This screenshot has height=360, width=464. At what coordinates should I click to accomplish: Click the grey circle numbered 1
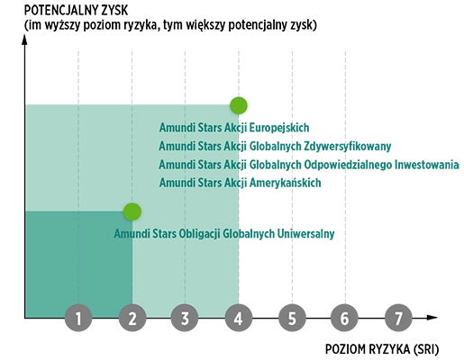(x=78, y=318)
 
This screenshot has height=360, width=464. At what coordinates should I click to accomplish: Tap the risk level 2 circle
(x=132, y=318)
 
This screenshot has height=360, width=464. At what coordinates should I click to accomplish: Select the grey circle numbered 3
(x=185, y=318)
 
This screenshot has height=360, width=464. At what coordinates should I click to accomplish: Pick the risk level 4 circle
(x=239, y=318)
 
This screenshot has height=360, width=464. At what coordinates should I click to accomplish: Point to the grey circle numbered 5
(x=292, y=318)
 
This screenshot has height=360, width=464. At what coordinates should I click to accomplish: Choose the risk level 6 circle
(x=344, y=318)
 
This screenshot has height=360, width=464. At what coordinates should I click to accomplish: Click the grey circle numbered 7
(x=398, y=318)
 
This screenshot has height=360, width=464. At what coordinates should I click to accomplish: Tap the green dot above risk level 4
(x=239, y=105)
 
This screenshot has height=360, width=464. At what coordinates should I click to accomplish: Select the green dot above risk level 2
(x=132, y=211)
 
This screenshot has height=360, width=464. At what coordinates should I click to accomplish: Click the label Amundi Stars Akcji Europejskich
(x=234, y=128)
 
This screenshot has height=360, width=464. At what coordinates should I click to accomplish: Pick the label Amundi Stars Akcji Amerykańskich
(x=240, y=183)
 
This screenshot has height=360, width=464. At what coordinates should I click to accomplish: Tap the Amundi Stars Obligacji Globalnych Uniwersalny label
(x=224, y=234)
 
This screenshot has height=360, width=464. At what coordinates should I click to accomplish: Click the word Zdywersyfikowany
(x=348, y=147)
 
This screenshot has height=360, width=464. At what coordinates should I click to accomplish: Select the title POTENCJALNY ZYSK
(x=76, y=11)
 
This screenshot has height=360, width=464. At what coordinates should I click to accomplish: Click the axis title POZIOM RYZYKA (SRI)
(x=382, y=349)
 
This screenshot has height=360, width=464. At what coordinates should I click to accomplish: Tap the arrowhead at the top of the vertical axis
(x=24, y=40)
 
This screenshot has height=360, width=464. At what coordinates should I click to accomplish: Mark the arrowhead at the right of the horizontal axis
(x=432, y=318)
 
